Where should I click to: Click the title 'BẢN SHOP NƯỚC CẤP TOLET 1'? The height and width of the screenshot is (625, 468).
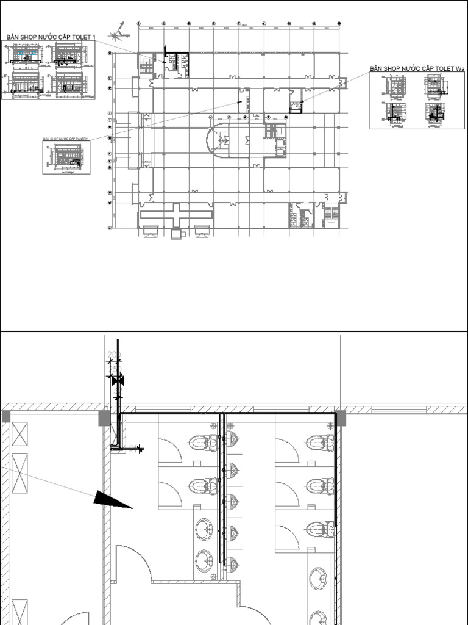(x=51, y=37)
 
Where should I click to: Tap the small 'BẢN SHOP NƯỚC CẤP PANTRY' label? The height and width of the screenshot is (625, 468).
(x=65, y=139)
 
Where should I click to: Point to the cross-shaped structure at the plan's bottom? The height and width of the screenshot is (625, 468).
(x=176, y=215)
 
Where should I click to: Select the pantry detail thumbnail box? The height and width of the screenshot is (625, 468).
(x=66, y=157)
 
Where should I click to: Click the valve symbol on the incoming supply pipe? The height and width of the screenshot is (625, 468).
(x=118, y=381)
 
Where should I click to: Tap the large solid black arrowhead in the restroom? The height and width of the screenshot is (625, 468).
(x=112, y=500)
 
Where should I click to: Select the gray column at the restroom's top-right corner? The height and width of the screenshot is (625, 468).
(x=339, y=418)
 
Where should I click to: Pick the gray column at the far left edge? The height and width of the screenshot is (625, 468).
(x=5, y=417)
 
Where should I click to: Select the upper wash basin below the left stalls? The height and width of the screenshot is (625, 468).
(x=204, y=529)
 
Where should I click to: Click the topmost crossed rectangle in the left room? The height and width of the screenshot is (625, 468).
(x=19, y=436)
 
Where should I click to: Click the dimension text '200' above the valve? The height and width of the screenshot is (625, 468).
(x=114, y=355)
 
